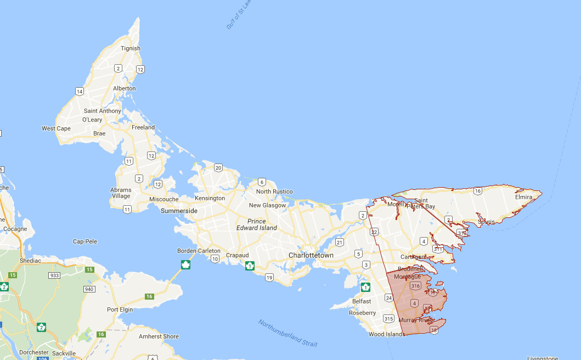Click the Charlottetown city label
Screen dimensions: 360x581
[311, 255]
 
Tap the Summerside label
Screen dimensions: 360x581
[179, 211]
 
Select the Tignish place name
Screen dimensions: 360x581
[131, 48]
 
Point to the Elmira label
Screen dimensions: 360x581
[524, 196]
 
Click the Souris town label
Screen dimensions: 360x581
[486, 222]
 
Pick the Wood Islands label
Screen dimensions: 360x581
[387, 334]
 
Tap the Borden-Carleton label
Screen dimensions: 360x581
[199, 251]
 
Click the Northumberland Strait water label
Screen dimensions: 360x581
[287, 333]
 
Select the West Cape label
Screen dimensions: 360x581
[56, 128]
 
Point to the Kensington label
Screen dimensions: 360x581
[210, 198]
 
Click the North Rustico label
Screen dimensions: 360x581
[274, 192]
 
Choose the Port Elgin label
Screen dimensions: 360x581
[120, 310]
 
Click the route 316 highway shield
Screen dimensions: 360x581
[415, 286]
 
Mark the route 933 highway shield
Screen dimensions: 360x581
[54, 275]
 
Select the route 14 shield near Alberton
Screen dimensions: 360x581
[80, 91]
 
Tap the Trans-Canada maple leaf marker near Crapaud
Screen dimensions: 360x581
[250, 266]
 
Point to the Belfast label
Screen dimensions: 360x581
[362, 301]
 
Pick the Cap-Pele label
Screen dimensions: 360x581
[85, 241]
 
